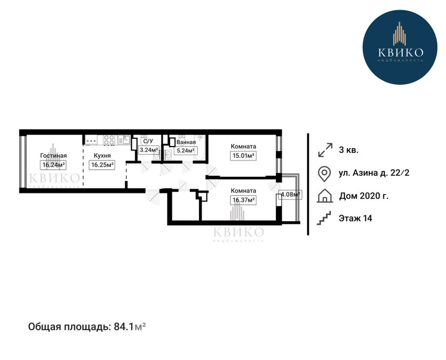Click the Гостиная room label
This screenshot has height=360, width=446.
click(53, 156)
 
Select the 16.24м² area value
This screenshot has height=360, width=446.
click(53, 165)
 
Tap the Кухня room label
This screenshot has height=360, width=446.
click(102, 156)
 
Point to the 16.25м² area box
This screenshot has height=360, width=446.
click(102, 165)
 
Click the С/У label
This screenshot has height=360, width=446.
click(148, 141)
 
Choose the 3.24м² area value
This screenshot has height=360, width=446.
click(148, 150)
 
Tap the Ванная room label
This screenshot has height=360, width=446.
click(186, 142)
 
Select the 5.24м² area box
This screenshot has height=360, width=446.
click(185, 151)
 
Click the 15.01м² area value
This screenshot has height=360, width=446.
click(243, 156)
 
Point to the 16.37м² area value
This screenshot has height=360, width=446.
click(243, 200)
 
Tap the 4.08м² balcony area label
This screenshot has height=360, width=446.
click(290, 195)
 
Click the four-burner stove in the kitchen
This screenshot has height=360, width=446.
click(109, 140)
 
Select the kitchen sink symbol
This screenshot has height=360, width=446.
click(124, 140)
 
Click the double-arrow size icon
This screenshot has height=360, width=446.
click(325, 150)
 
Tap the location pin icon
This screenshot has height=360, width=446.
click(324, 174)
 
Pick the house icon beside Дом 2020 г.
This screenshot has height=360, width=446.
click(325, 196)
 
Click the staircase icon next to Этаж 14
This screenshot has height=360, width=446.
click(324, 218)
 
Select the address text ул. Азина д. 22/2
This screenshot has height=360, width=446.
click(374, 173)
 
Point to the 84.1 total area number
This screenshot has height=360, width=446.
click(123, 327)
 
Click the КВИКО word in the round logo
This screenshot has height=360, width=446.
click(401, 52)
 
